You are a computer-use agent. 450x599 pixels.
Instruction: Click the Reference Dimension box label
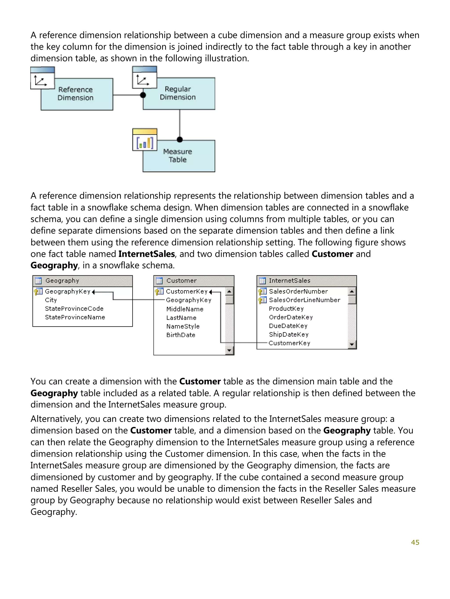click(x=75, y=94)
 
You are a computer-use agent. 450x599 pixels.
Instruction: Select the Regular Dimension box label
click(x=178, y=93)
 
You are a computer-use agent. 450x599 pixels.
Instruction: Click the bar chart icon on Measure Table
click(x=145, y=143)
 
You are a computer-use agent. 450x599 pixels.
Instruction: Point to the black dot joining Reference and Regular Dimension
click(x=143, y=95)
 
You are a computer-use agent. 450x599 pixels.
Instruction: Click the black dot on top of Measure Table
click(x=180, y=140)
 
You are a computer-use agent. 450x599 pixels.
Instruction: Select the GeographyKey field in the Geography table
click(x=67, y=291)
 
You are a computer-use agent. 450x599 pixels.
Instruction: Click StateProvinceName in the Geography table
click(x=75, y=317)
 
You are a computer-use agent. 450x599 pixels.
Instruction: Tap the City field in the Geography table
click(x=51, y=300)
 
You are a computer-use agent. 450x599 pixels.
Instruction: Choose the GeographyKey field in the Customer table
click(x=189, y=300)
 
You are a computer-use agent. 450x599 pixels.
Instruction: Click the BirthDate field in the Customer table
click(x=181, y=335)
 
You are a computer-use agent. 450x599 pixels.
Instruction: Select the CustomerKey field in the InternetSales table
click(x=289, y=343)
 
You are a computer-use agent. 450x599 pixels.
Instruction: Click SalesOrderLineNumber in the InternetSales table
click(x=304, y=300)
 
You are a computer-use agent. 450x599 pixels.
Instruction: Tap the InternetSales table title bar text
click(x=289, y=281)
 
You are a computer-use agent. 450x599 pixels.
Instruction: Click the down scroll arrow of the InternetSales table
click(x=352, y=345)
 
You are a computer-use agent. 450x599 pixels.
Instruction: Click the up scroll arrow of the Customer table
click(x=229, y=292)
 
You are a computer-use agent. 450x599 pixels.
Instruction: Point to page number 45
click(x=415, y=542)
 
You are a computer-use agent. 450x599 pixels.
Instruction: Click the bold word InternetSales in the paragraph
click(x=147, y=254)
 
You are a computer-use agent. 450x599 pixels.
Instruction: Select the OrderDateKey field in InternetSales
click(x=291, y=317)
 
